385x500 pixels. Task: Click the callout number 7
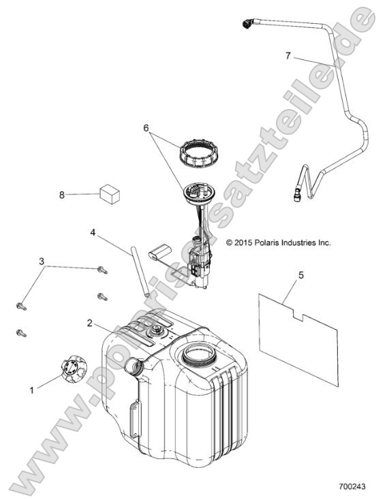288,56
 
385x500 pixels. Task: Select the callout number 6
146,128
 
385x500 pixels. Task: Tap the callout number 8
62,195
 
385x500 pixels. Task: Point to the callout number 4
93,233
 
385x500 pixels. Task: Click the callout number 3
42,262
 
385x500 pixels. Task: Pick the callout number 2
90,323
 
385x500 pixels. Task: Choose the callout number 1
31,390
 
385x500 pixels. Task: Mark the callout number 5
301,275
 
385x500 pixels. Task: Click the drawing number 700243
352,486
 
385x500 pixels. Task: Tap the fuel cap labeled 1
74,369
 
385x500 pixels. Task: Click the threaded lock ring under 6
195,153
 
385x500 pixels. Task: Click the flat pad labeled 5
298,340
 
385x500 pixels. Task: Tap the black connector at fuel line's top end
248,24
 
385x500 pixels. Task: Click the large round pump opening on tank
198,354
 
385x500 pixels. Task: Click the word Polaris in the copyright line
265,243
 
